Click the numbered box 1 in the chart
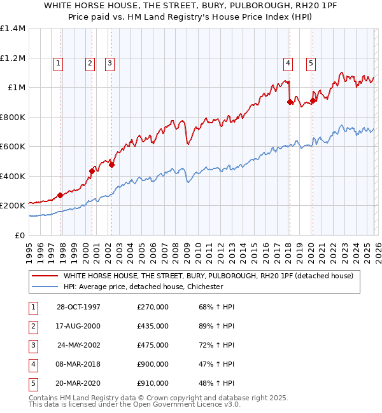pos(58,63)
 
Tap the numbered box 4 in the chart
pos(288,63)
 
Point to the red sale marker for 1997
pos(60,195)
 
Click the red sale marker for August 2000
pos(92,171)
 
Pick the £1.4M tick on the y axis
pos(14,29)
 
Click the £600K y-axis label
pos(13,147)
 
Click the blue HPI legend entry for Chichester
pos(143,287)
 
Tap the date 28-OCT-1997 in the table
pos(78,307)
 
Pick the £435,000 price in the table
pos(153,326)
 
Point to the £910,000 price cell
pos(153,383)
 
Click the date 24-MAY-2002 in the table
pos(79,345)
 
